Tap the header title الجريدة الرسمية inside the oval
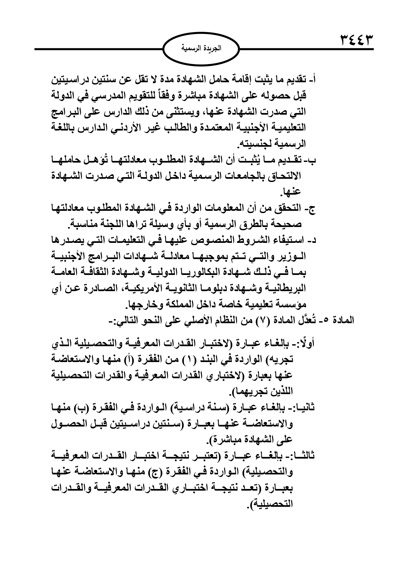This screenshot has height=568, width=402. pos(201,49)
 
